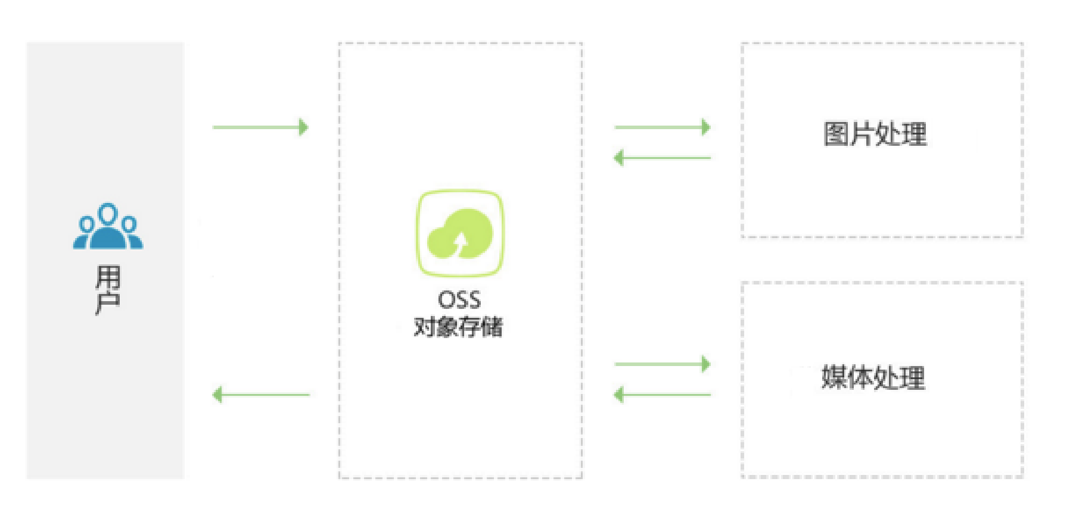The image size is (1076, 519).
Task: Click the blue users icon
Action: [108, 227]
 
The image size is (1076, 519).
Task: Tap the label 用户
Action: [108, 290]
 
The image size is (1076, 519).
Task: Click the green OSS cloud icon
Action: [459, 233]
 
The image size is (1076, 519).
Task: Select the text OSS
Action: [459, 300]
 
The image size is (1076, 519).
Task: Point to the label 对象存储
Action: [458, 327]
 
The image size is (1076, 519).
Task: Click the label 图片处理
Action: [875, 134]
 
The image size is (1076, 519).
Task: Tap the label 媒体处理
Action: [873, 377]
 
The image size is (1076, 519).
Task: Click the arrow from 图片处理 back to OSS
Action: [662, 158]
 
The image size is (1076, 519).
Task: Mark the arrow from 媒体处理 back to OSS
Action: [662, 395]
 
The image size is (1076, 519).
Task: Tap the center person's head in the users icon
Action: [108, 214]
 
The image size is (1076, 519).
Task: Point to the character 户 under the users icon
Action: [108, 303]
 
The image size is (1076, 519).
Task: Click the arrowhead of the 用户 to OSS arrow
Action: [303, 127]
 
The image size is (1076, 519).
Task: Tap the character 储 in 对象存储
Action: [492, 327]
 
